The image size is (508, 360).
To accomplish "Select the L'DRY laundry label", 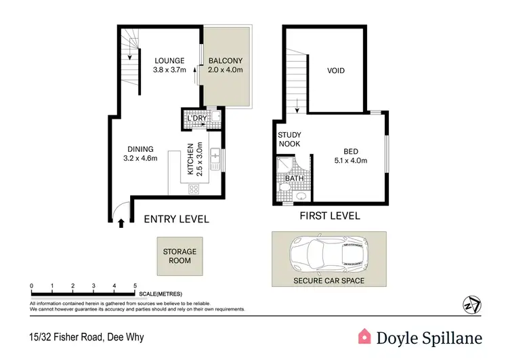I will point(196,119).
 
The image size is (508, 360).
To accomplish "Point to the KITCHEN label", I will point(192,159).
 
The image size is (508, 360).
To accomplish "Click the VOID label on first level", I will point(337,71).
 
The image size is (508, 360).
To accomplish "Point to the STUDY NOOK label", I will point(290,140).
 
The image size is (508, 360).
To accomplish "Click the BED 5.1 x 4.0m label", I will point(350,156).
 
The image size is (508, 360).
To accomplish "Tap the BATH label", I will point(293,179).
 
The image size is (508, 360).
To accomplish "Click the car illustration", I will point(329,254).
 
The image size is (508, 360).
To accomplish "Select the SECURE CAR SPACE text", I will point(329,281).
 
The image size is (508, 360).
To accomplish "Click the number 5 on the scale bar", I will point(135,285).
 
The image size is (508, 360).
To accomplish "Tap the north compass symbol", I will point(471,304).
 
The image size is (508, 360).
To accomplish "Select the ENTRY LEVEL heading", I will point(176,219).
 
